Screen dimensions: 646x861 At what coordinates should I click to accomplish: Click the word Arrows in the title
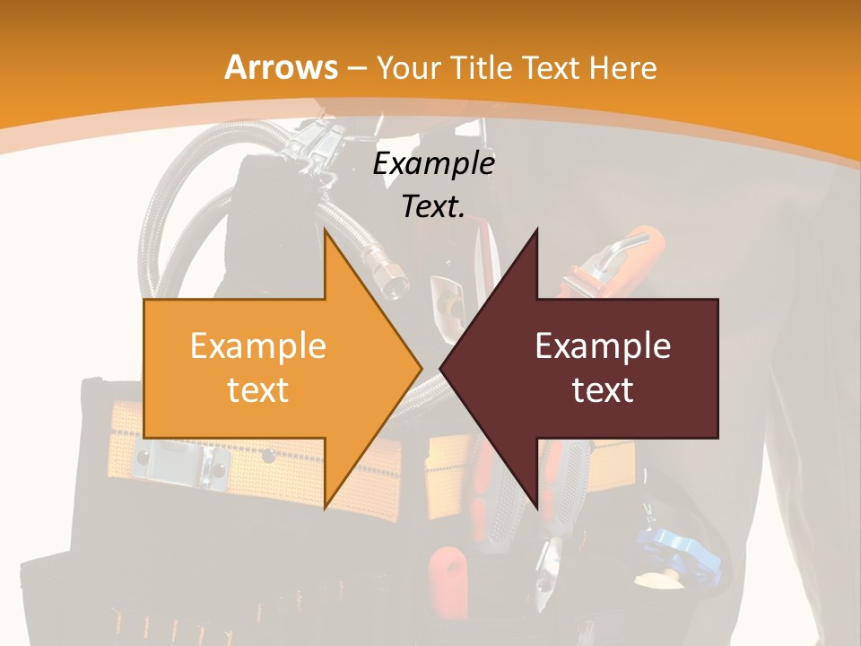282,67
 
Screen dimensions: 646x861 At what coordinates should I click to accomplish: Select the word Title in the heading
485,68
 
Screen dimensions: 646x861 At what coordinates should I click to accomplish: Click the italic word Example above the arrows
433,164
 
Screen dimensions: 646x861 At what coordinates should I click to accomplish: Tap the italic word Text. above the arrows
433,207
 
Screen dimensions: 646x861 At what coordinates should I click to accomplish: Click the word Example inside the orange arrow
257,346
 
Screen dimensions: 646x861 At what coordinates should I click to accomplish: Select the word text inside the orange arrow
257,390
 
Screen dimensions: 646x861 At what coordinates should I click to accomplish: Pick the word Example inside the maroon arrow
603,346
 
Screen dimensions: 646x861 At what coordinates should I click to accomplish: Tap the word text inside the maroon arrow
603,390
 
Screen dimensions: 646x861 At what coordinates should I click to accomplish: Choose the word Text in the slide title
547,68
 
